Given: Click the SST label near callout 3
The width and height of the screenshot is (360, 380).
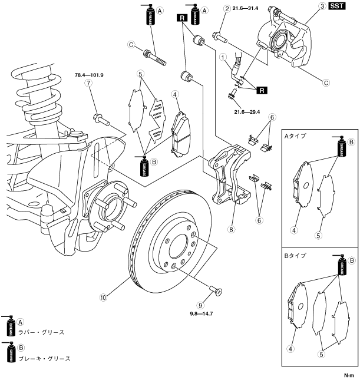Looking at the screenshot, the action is tap(337, 6).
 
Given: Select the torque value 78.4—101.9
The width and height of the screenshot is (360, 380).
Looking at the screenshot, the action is tap(89, 75).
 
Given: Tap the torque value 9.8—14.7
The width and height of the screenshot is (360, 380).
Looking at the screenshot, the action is tap(202, 313).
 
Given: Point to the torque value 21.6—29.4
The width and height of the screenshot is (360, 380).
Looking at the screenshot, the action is tap(247, 112).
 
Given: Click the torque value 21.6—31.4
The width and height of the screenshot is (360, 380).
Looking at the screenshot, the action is tap(245, 8).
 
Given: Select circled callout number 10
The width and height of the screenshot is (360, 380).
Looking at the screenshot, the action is tap(103, 298).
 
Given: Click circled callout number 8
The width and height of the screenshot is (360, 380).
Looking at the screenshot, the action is tap(231, 229).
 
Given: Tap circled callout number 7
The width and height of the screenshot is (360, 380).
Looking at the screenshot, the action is tap(88, 84).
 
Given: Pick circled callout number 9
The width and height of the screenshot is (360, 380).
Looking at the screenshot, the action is tap(200, 305).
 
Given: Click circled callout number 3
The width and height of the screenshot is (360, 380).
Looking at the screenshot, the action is tap(322, 6).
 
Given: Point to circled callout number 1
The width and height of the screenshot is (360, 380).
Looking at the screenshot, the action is tap(223, 57).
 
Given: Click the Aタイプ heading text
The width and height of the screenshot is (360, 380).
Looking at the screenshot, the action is tap(295, 136).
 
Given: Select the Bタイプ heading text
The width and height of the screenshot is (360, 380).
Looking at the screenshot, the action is tap(295, 256).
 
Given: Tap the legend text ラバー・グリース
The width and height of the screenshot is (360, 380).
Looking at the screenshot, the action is tap(41, 332).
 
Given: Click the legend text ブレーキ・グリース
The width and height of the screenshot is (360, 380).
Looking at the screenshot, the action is tap(44, 358).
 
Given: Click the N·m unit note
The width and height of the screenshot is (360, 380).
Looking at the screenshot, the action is tap(349, 375).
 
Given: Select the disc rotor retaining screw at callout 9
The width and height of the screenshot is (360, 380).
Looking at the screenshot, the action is tap(216, 290).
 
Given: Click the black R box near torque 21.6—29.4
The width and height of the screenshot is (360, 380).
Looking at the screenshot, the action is tap(262, 90).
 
